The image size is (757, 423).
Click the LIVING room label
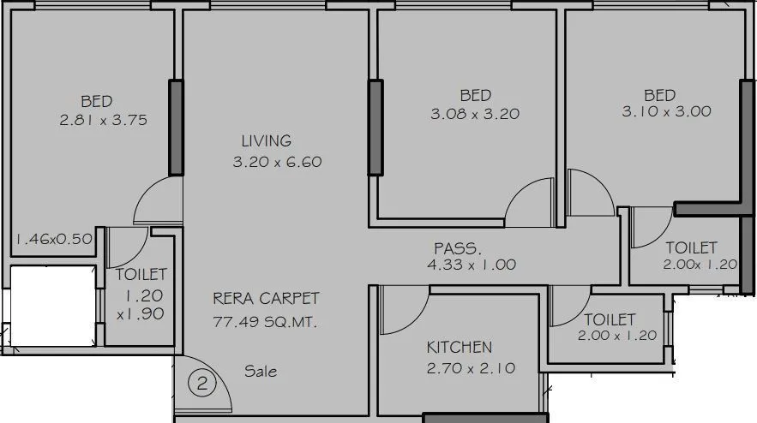pos(266,140)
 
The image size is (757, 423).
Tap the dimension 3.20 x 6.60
pos(277,162)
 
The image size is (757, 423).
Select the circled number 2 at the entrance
pos(202,384)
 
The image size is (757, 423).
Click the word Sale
pos(261,372)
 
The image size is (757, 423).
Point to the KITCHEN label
pos(460,347)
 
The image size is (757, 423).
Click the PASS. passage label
pos(457,247)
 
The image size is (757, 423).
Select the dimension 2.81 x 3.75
pos(103,121)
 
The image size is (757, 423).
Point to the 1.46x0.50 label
pos(53,239)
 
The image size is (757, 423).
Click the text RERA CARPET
pos(266,299)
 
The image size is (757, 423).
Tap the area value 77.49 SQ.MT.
pos(267,322)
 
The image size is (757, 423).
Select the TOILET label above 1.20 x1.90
pos(141,275)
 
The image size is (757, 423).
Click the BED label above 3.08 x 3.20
pos(475,94)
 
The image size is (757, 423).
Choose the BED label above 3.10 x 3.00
pos(659,94)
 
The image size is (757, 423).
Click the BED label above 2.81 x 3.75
pos(97,101)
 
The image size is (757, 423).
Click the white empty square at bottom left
pos(51,303)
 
